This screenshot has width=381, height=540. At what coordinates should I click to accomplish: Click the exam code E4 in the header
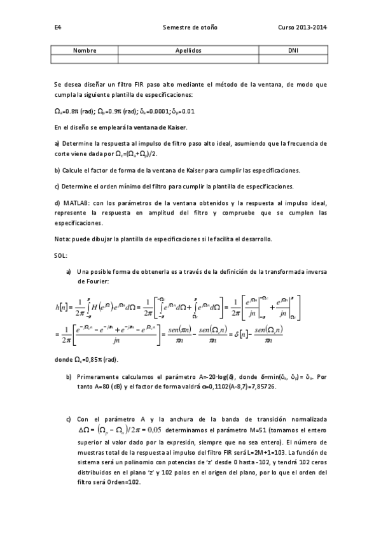(x=57, y=28)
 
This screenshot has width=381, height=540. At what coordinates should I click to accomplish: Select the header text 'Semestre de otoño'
(x=190, y=28)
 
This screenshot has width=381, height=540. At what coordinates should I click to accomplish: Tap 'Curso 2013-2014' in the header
(x=302, y=28)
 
